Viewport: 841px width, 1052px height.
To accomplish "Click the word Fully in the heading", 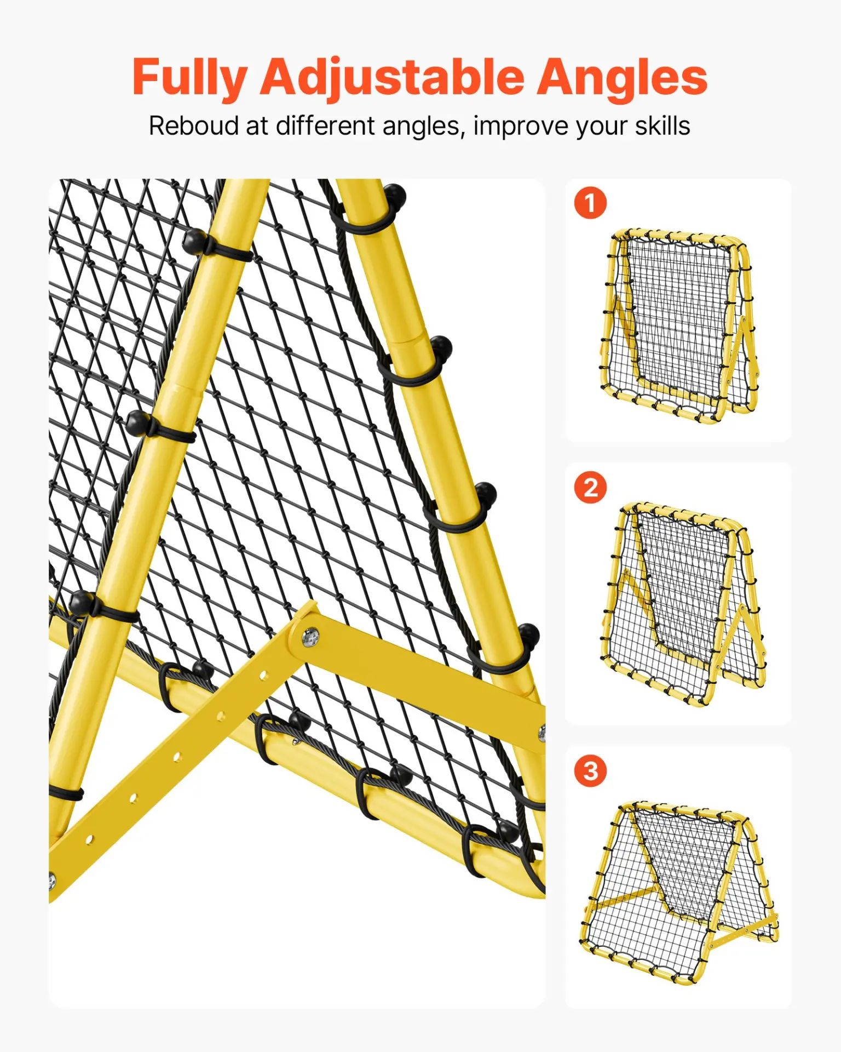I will (x=189, y=78).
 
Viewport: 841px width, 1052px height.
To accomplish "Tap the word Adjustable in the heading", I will (x=392, y=78).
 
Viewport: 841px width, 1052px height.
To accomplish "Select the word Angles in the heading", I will (x=622, y=78).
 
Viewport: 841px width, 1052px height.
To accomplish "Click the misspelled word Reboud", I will (x=194, y=126).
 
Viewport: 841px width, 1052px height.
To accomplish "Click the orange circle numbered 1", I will (x=590, y=203).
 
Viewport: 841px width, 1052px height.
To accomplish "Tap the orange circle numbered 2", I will (x=590, y=487).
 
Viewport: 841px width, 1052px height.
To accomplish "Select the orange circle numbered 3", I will (x=590, y=771).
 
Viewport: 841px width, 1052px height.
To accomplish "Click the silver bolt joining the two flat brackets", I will (x=310, y=637).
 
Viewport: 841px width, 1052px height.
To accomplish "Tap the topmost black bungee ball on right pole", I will (x=394, y=196).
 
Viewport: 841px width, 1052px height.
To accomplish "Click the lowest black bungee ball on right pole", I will (x=528, y=635).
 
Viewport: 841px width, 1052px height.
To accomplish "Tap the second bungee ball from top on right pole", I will (x=441, y=347).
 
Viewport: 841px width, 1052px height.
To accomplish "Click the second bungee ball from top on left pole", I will (x=137, y=423).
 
